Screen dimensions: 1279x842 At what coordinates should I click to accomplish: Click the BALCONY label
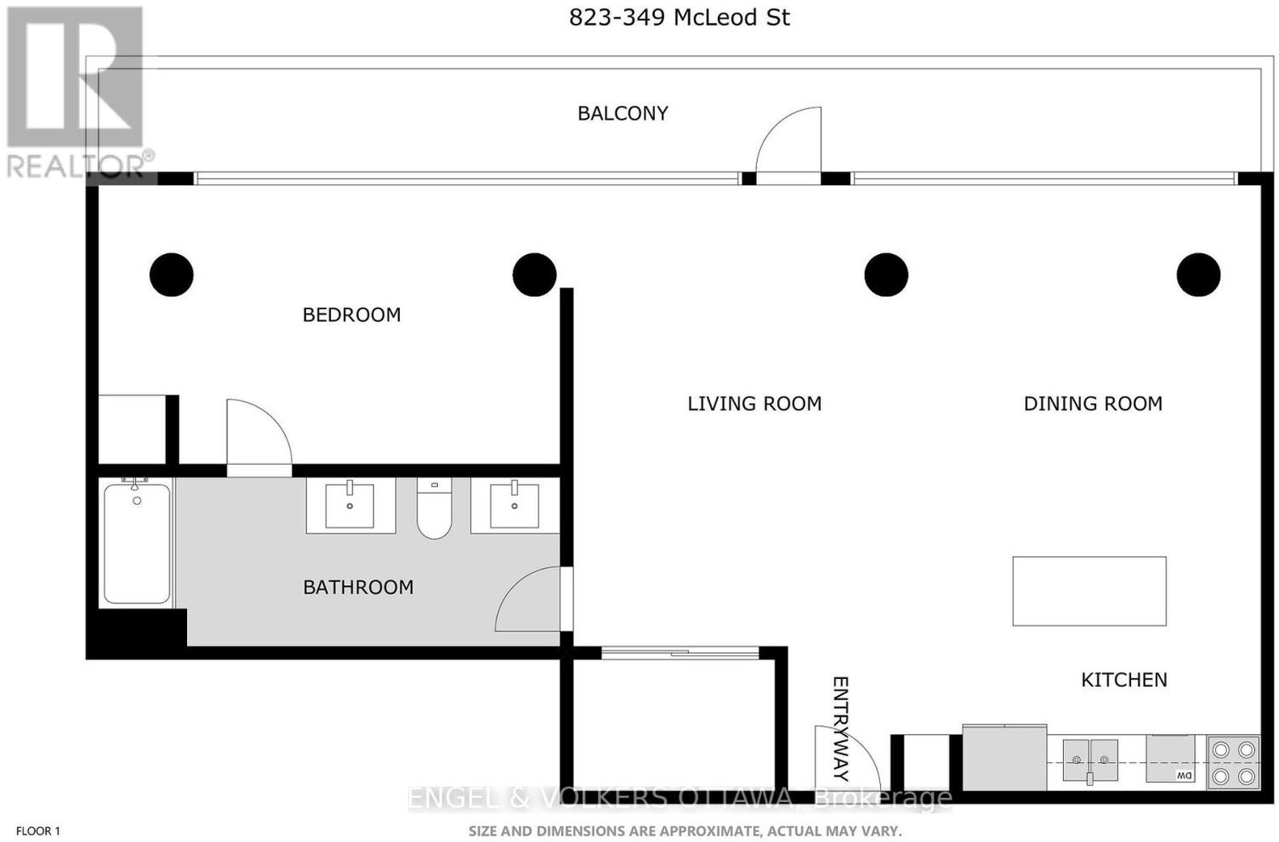click(x=623, y=113)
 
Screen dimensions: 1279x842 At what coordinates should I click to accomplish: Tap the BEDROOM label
click(x=351, y=315)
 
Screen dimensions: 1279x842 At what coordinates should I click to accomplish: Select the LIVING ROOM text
click(x=755, y=404)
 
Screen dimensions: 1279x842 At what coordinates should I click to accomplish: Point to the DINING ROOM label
click(x=1093, y=404)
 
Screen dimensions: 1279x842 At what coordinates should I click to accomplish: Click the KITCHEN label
click(x=1124, y=680)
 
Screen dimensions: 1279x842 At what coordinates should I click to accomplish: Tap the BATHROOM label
click(x=358, y=587)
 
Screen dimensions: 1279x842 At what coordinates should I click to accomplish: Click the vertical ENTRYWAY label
click(x=840, y=729)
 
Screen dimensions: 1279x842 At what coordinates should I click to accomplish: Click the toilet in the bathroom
click(x=434, y=508)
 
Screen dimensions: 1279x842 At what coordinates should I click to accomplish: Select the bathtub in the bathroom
click(x=137, y=542)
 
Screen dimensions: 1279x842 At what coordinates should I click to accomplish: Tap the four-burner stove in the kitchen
click(x=1233, y=763)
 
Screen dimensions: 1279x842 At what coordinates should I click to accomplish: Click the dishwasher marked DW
click(x=1170, y=759)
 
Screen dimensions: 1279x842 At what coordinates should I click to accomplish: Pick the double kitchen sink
click(x=1090, y=761)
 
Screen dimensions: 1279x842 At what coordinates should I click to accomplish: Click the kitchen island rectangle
click(x=1090, y=591)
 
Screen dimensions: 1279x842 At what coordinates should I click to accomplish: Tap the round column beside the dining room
click(x=1198, y=275)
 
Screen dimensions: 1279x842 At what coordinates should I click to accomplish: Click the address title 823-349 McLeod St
click(x=679, y=18)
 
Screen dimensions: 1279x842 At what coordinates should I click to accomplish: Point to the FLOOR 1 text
click(x=38, y=831)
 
